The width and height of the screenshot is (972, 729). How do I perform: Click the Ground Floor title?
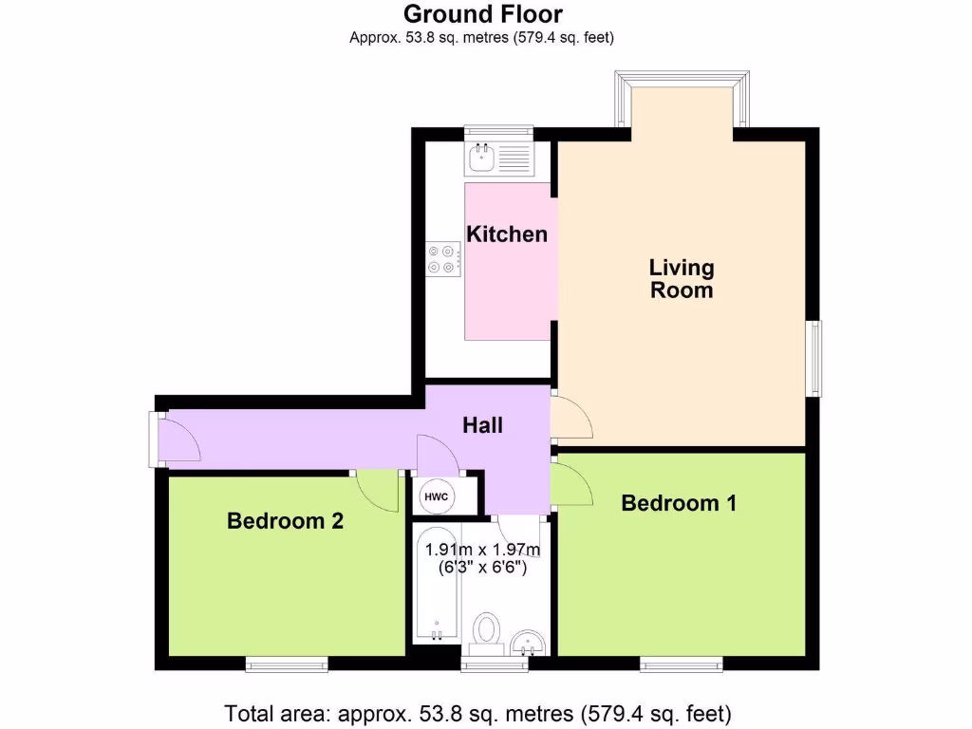tap(482, 14)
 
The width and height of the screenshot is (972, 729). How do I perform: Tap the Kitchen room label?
tap(507, 234)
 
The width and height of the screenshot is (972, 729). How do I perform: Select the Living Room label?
tap(681, 279)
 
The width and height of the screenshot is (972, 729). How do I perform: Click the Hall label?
tap(482, 425)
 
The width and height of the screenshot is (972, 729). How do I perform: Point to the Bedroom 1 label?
tap(678, 503)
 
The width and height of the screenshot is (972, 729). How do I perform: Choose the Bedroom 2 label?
tap(285, 521)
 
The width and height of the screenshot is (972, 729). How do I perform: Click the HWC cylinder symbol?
tap(436, 496)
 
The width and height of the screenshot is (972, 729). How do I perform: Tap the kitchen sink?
tap(480, 159)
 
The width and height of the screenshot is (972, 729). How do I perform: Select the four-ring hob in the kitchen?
tap(444, 259)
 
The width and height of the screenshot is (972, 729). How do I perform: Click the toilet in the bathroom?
tap(488, 630)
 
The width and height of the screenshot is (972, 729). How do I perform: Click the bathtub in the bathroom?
tap(436, 584)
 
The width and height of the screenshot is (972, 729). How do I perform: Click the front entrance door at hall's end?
tap(177, 439)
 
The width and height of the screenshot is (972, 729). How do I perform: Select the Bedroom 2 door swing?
tap(380, 488)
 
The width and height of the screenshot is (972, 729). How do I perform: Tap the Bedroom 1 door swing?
tap(572, 483)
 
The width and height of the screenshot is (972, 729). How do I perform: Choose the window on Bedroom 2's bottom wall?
tap(287, 664)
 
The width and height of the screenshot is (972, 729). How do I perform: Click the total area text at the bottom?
tap(477, 713)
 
